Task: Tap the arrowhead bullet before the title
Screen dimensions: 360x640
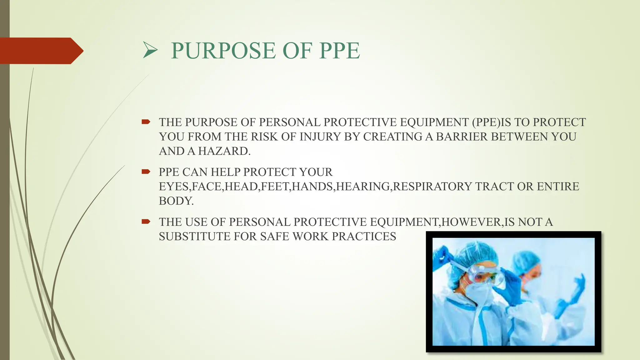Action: (x=150, y=51)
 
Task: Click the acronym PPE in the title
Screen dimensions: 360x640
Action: (x=339, y=51)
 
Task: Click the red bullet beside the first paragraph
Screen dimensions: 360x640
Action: (x=146, y=122)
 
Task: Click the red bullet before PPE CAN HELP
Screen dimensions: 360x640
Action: (x=146, y=172)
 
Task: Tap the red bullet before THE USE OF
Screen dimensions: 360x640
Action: (x=146, y=222)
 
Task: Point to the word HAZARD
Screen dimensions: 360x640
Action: (x=224, y=151)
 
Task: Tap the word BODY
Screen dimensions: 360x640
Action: (x=176, y=201)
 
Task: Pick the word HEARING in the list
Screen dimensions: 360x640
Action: (x=363, y=187)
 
